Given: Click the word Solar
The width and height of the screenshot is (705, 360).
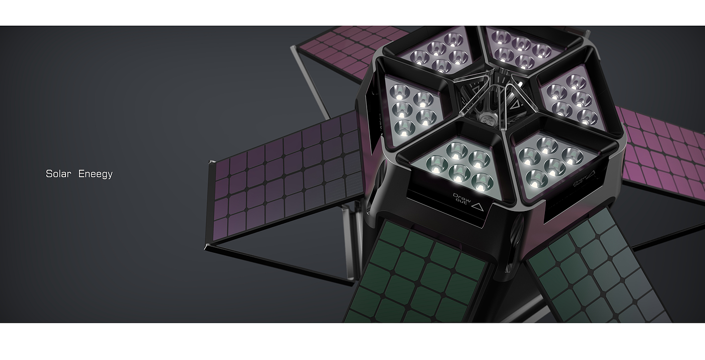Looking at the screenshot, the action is point(58,174).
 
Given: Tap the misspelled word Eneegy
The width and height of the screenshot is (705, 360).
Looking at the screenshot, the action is point(95,174).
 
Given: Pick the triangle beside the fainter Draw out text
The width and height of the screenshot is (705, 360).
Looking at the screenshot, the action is point(591,173).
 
